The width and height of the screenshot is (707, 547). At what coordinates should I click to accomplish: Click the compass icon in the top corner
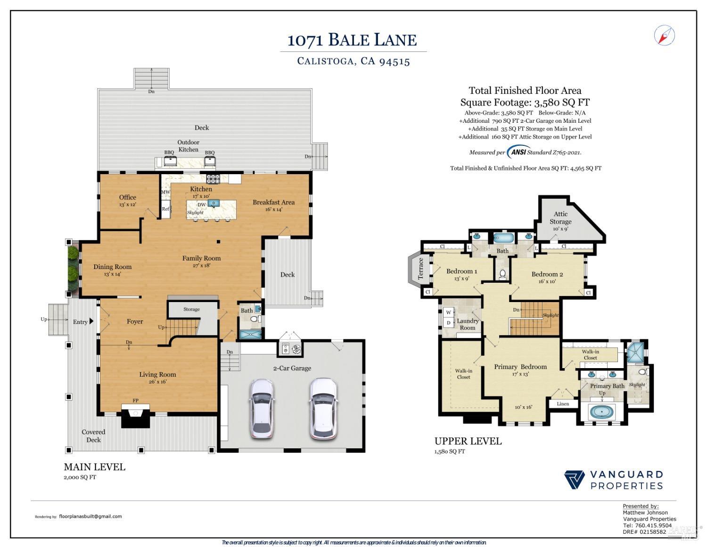tap(665, 35)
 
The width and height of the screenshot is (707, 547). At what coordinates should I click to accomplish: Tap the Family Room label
tap(201, 258)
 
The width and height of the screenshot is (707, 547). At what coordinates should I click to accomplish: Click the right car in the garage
tap(323, 408)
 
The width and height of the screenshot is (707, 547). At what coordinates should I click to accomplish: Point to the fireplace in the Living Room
tap(136, 415)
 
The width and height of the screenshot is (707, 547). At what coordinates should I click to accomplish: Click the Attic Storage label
tap(560, 218)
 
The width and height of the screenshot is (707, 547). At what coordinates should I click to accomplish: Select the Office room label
tap(127, 197)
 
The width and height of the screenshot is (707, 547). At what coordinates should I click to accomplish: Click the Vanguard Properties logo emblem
tap(575, 480)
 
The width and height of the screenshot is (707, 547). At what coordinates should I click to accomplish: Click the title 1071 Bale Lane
tap(352, 40)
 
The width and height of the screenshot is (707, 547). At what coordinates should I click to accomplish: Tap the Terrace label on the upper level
tap(421, 268)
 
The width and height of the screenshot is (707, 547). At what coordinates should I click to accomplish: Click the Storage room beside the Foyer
tap(191, 310)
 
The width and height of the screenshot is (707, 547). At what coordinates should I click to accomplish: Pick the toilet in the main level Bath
tap(255, 320)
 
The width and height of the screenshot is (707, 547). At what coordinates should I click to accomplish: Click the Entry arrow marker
tap(91, 321)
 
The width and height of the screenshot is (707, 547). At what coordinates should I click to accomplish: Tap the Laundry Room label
tap(467, 324)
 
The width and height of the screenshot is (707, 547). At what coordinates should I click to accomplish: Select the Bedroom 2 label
tap(547, 274)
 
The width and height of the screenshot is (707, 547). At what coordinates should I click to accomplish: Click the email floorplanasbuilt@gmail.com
tap(90, 516)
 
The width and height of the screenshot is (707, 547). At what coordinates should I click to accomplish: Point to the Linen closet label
tap(563, 404)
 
